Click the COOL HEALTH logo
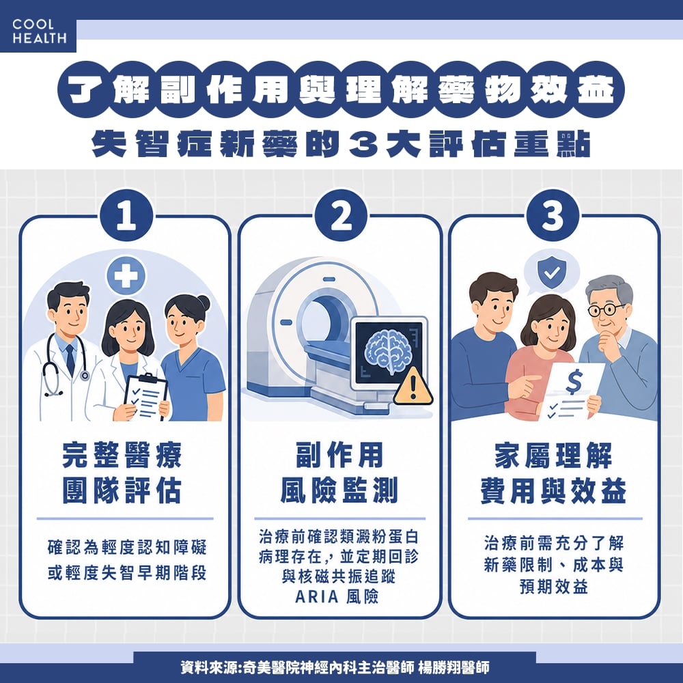(38, 32)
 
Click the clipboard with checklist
(145, 396)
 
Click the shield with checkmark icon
(549, 273)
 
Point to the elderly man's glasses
(607, 309)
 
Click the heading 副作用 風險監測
(339, 473)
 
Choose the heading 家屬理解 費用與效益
(553, 473)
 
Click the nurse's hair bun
(203, 302)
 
